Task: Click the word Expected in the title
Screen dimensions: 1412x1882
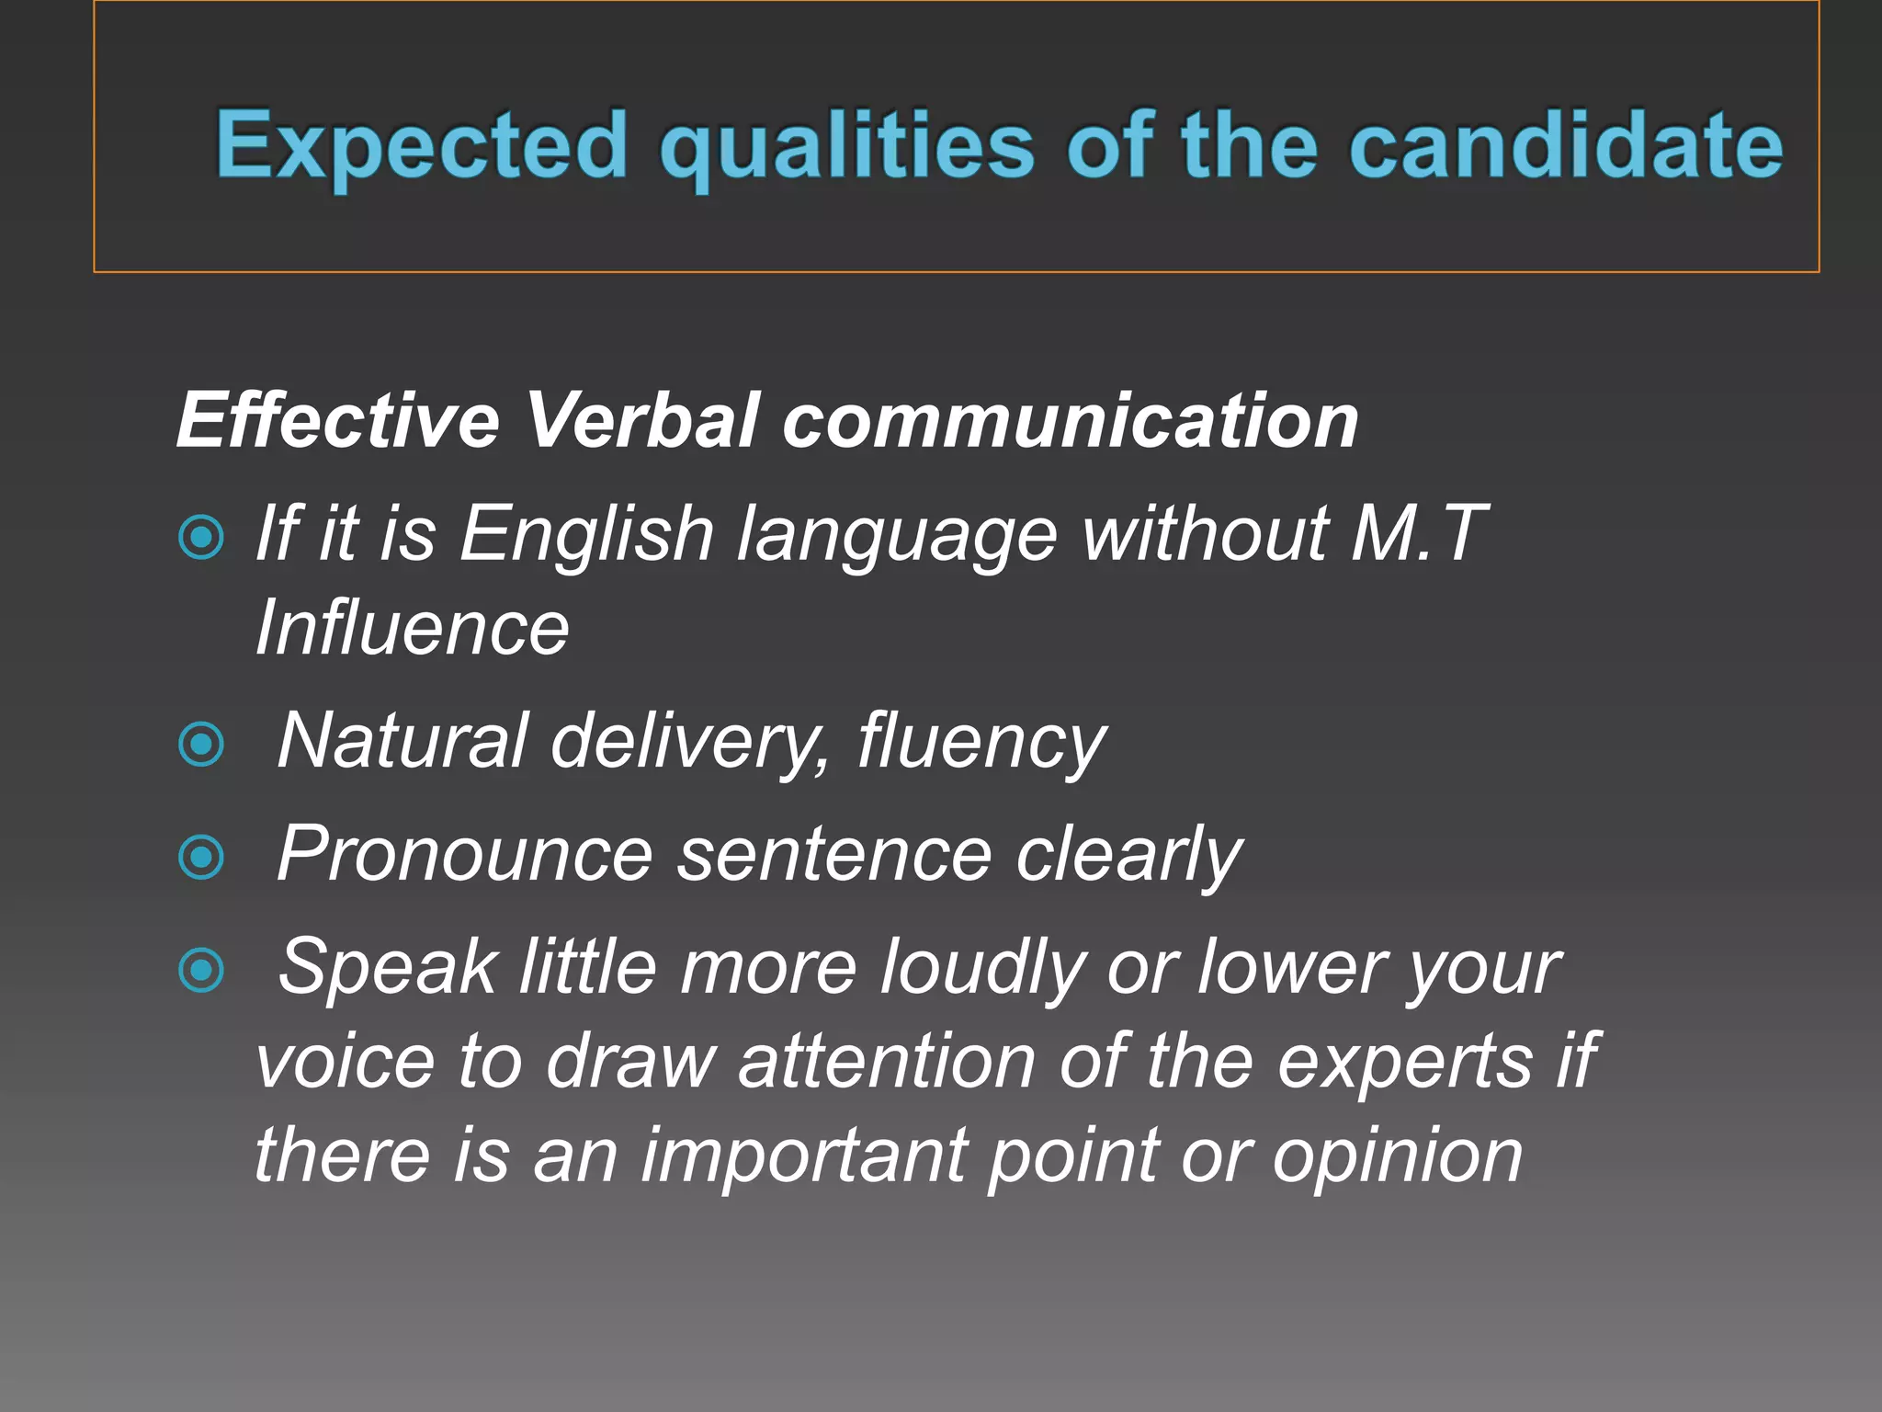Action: (x=421, y=145)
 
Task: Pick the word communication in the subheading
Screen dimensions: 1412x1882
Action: (x=1070, y=420)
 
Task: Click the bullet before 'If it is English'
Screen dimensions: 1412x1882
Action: (x=201, y=537)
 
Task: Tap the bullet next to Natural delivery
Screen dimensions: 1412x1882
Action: (x=201, y=743)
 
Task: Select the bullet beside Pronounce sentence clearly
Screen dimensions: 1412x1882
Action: (x=201, y=857)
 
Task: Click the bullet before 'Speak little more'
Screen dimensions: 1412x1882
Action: (x=201, y=970)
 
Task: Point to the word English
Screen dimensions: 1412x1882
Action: (x=587, y=533)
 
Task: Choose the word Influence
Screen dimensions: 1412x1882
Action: (x=413, y=628)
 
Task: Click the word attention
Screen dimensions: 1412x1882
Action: (x=887, y=1062)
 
